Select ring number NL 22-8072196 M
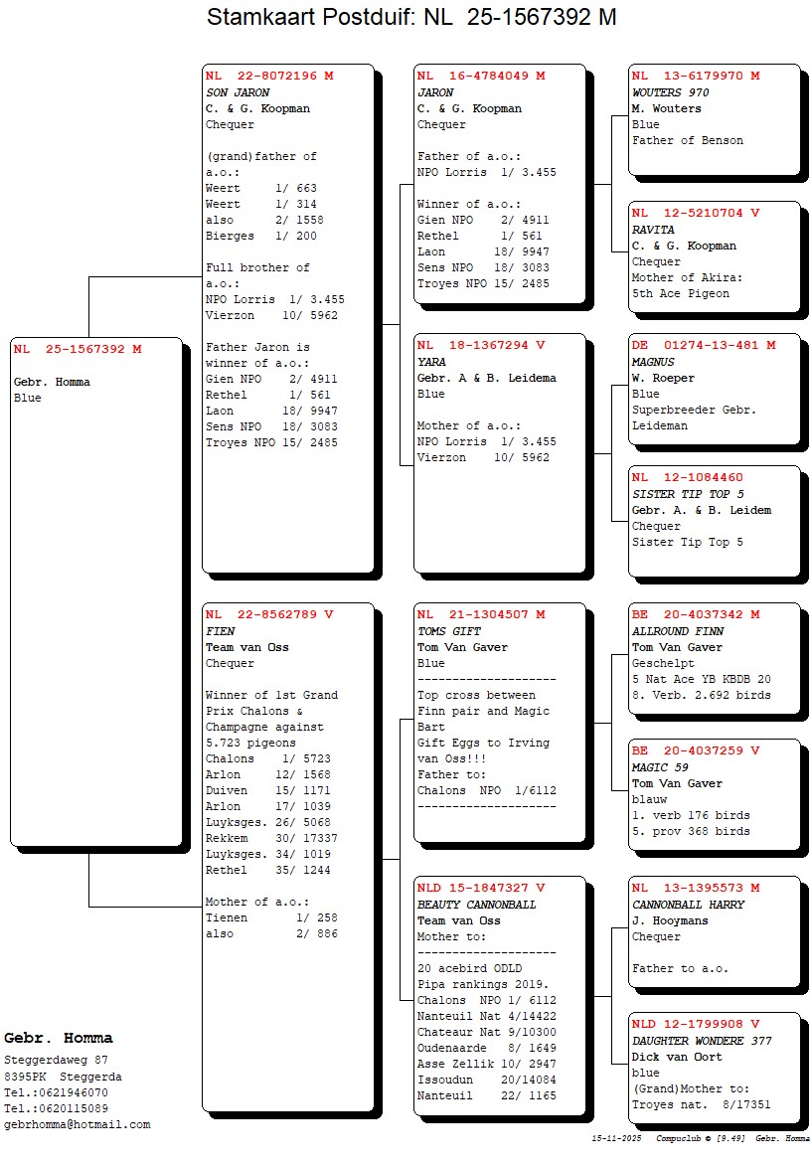(x=269, y=76)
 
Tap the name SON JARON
(x=238, y=92)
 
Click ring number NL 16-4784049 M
(x=481, y=76)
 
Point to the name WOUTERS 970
(x=671, y=92)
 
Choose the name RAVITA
(x=653, y=230)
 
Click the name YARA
(x=432, y=362)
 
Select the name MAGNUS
(x=653, y=362)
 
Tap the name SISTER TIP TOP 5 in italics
(x=688, y=494)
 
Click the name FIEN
(x=221, y=631)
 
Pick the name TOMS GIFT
(x=449, y=631)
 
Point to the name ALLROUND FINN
(x=678, y=631)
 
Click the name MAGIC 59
(x=661, y=767)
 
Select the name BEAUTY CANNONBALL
(x=476, y=905)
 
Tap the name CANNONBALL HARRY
(x=688, y=905)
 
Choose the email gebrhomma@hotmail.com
(x=78, y=1124)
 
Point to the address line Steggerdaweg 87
(x=57, y=1060)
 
